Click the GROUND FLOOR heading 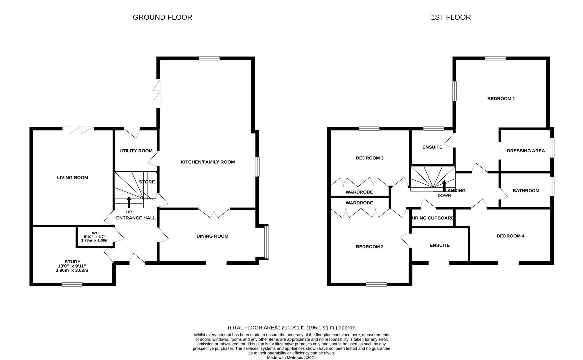(162, 17)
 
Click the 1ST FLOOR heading (451, 17)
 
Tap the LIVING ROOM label (72, 178)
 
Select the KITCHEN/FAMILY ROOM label (207, 162)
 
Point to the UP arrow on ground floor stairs (129, 202)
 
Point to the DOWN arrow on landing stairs (444, 186)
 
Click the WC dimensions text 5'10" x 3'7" (95, 237)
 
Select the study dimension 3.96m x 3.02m (72, 270)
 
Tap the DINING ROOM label (212, 236)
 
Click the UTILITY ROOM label (136, 151)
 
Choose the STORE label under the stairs (147, 182)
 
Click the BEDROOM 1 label (501, 99)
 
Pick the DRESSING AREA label (526, 151)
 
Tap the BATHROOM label (526, 191)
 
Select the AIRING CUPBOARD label (433, 218)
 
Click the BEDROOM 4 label (510, 236)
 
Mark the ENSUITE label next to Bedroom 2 (439, 245)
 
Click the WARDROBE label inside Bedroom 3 (359, 192)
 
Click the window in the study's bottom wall (72, 284)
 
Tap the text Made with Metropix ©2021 (291, 357)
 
